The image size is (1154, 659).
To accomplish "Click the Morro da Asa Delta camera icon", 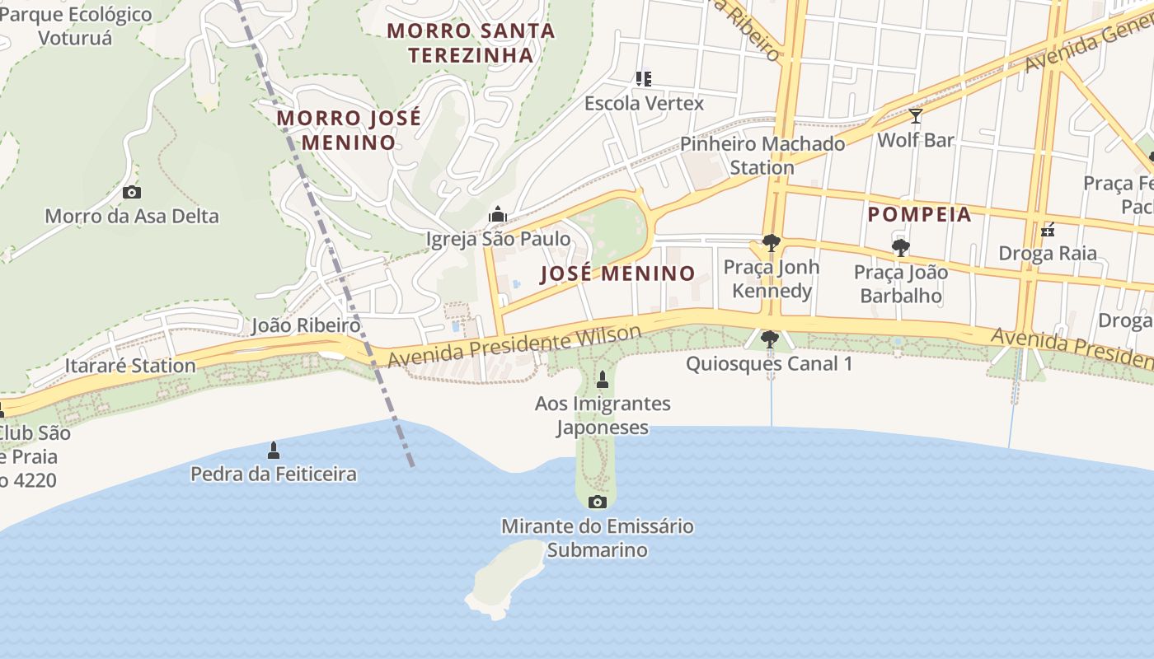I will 131,193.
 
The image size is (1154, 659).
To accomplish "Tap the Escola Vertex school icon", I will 644,79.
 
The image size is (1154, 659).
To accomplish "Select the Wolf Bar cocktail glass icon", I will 915,116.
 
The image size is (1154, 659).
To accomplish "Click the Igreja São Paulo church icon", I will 497,215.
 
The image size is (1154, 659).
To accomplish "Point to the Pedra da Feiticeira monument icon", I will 274,451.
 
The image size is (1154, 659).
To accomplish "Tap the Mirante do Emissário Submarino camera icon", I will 598,502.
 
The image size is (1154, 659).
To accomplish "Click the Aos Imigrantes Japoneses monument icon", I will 603,380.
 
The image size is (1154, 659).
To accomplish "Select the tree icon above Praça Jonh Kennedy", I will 771,243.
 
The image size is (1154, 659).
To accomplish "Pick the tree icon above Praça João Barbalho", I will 900,247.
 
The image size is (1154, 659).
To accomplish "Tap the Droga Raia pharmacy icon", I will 1048,230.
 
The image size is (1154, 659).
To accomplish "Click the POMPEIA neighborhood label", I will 919,215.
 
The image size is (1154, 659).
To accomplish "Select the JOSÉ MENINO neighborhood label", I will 617,273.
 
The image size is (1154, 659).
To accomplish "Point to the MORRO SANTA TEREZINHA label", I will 471,43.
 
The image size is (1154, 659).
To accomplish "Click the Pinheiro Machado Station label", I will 762,156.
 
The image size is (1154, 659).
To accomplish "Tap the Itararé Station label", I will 130,366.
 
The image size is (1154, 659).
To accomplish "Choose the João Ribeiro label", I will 306,325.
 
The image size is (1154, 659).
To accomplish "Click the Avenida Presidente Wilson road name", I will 514,347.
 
